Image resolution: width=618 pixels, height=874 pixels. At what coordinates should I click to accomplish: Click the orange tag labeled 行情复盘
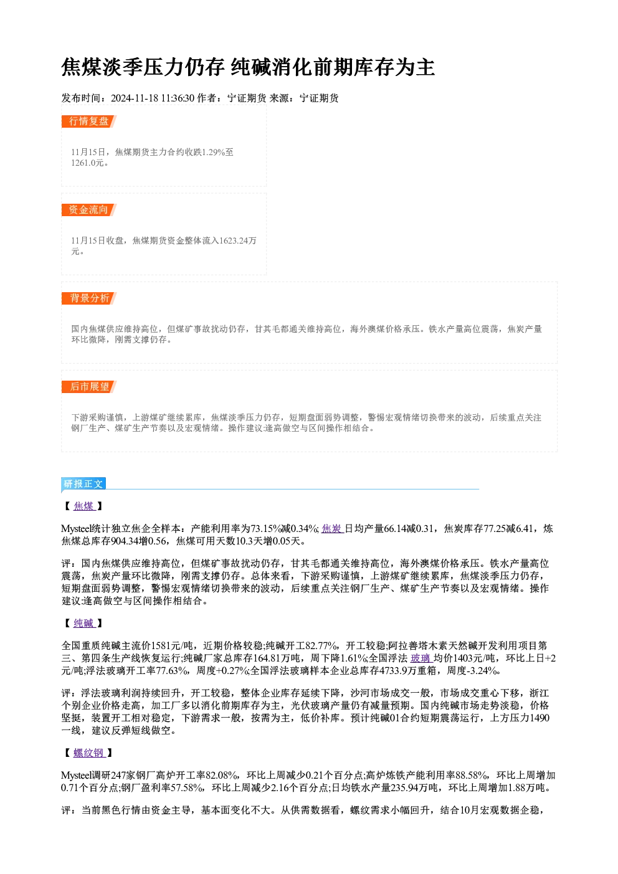pyautogui.click(x=88, y=121)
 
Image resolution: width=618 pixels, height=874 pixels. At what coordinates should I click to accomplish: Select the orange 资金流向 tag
pyautogui.click(x=88, y=210)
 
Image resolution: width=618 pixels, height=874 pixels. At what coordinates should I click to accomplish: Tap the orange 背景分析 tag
pyautogui.click(x=88, y=298)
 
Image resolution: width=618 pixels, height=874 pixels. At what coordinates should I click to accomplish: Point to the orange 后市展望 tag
pyautogui.click(x=88, y=387)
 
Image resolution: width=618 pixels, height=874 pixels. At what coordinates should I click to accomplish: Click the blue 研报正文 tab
pyautogui.click(x=83, y=484)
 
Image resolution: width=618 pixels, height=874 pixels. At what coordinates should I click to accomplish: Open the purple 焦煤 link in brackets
pyautogui.click(x=84, y=506)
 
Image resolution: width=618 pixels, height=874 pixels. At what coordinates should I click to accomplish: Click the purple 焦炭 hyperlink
pyautogui.click(x=333, y=529)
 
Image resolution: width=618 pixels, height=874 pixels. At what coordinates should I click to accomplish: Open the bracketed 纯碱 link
pyautogui.click(x=84, y=624)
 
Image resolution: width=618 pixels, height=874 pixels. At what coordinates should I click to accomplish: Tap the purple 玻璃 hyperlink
pyautogui.click(x=421, y=658)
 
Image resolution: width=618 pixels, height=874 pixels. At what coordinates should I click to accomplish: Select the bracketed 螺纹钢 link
pyautogui.click(x=89, y=753)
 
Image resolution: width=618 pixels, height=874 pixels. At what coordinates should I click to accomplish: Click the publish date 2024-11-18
pyautogui.click(x=135, y=98)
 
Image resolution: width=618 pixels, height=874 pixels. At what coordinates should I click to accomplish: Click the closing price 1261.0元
pyautogui.click(x=87, y=163)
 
